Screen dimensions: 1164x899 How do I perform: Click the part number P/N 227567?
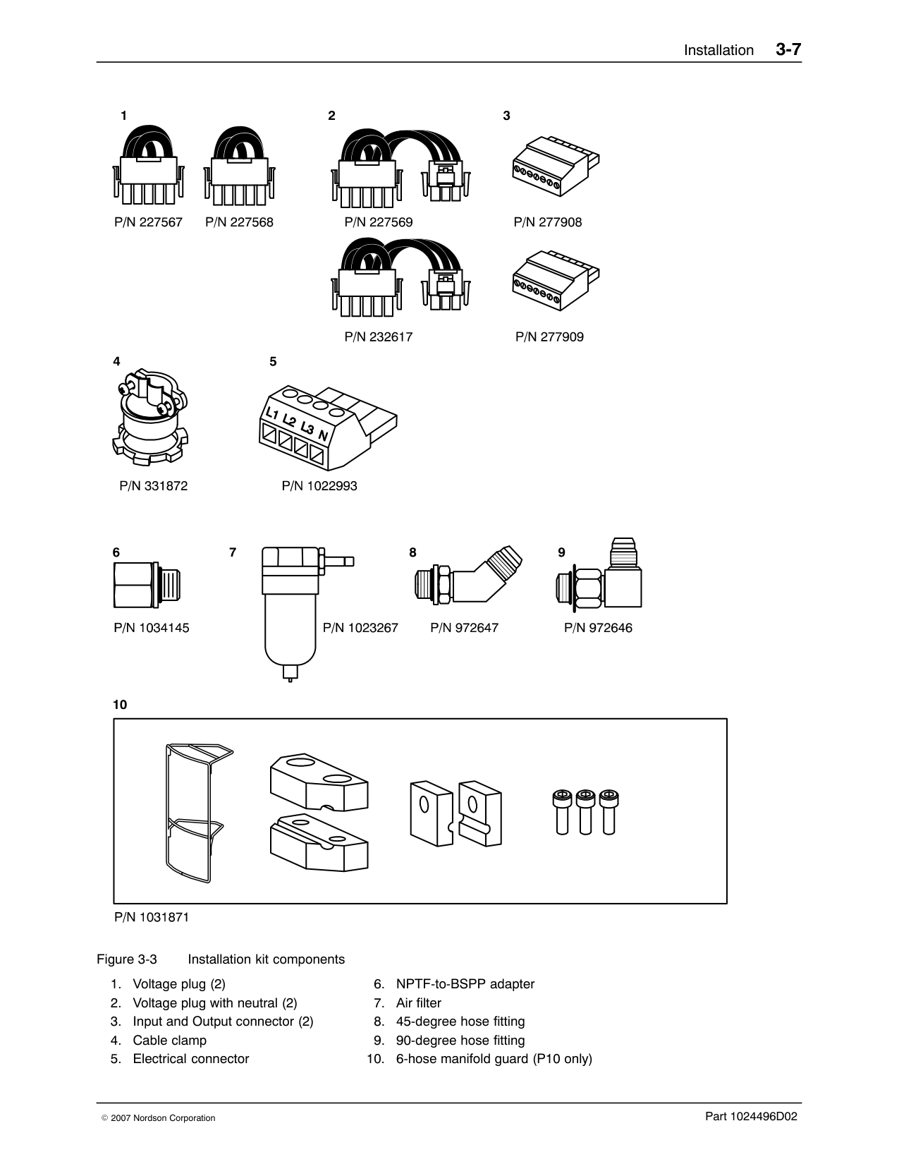(148, 222)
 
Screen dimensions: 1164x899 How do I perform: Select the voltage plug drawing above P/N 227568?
(239, 168)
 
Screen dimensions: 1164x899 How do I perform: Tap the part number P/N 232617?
(378, 337)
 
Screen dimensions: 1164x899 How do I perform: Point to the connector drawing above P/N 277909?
(555, 280)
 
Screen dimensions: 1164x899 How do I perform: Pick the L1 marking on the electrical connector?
(271, 413)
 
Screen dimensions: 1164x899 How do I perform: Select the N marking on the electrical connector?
(323, 435)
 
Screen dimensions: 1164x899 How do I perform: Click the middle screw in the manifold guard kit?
(585, 812)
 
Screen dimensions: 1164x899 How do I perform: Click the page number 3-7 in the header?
(788, 49)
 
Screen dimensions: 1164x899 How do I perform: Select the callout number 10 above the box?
(120, 705)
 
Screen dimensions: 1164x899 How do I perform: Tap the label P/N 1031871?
(152, 918)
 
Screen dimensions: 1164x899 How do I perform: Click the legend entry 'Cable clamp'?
(169, 1041)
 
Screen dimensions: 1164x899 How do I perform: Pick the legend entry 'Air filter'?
(418, 1003)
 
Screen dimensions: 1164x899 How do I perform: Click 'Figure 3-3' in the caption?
(127, 959)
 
